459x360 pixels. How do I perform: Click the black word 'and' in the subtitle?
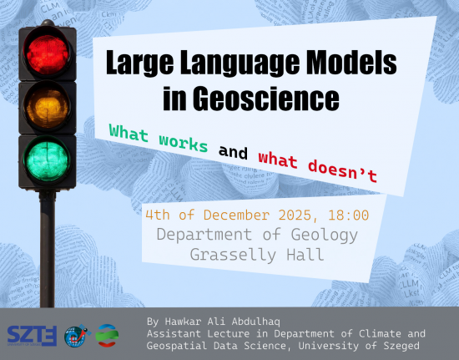tap(233, 151)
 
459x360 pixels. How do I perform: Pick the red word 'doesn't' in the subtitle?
tap(343, 167)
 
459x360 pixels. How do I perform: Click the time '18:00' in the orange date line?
tap(347, 215)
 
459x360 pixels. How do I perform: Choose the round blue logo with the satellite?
tap(75, 335)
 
